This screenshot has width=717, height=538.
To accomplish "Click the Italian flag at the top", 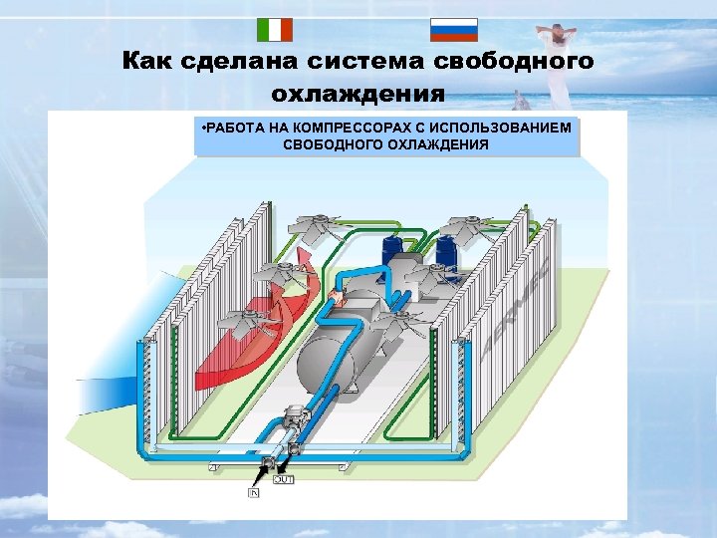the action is [x=275, y=30].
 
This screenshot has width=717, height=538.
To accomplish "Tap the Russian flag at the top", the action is [x=453, y=30].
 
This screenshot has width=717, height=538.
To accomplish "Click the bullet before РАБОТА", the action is [x=202, y=129].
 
